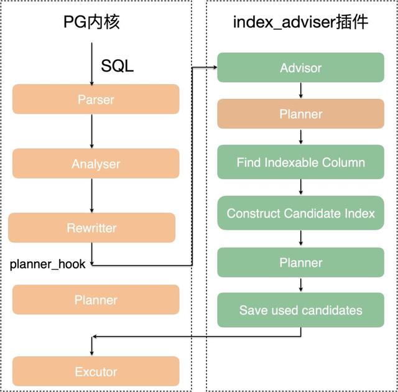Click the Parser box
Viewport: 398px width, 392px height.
click(x=96, y=99)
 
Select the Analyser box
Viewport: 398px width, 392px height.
click(x=96, y=164)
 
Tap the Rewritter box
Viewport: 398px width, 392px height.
click(x=91, y=228)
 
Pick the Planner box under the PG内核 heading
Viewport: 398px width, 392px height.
click(x=96, y=300)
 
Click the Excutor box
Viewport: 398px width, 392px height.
click(x=96, y=371)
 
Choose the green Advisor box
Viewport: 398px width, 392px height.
click(x=300, y=67)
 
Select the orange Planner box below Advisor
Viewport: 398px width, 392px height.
click(x=300, y=114)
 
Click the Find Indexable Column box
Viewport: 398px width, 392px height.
click(x=300, y=162)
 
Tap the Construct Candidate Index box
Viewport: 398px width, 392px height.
click(x=300, y=213)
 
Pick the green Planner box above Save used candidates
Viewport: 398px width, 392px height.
click(x=300, y=262)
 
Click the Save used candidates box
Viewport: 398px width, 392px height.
click(x=300, y=310)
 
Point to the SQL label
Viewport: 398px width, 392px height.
click(x=117, y=66)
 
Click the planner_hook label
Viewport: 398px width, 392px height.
click(x=47, y=264)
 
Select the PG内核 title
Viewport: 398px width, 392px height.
click(x=91, y=22)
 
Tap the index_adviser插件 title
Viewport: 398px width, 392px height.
click(x=300, y=22)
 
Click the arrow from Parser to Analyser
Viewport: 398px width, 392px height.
click(x=92, y=131)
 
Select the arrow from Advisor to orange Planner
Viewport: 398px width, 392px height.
click(x=301, y=90)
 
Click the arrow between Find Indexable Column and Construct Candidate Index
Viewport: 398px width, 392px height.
click(x=301, y=187)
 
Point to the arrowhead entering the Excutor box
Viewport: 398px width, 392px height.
click(x=92, y=353)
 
